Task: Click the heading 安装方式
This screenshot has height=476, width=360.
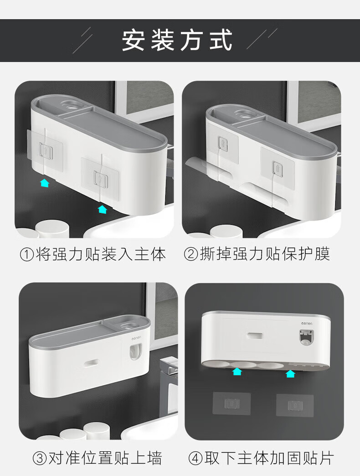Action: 177,40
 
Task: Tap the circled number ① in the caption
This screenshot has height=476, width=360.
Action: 27,254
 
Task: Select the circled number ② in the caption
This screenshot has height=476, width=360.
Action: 191,254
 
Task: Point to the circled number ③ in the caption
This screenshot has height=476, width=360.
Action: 40,458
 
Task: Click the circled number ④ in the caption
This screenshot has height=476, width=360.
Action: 195,458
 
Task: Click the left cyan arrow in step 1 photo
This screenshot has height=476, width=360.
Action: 45,183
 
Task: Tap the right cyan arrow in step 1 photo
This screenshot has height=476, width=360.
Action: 103,209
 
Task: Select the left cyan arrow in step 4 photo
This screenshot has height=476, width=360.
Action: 237,371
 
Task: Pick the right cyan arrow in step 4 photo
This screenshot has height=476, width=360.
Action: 290,373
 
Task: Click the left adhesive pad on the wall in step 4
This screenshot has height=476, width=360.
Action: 231,404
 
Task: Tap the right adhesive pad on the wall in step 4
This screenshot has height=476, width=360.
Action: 295,405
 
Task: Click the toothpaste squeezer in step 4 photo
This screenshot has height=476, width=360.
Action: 307,338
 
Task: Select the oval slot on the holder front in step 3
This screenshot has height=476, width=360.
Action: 92,362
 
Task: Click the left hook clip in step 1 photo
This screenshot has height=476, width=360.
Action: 46,150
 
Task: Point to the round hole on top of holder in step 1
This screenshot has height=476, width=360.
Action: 72,105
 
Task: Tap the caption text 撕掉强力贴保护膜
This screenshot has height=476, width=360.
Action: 265,254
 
